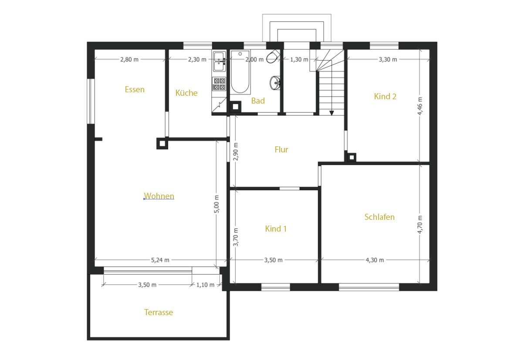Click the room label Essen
tap(135, 90)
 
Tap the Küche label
tap(186, 93)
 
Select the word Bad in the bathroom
tap(258, 101)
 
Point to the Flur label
tap(281, 150)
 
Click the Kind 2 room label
tap(385, 96)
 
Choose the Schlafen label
tap(379, 217)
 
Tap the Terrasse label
tap(159, 313)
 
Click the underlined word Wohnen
tap(159, 196)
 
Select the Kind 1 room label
tap(276, 229)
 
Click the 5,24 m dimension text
tap(160, 260)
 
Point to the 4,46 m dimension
tap(420, 106)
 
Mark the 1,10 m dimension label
tap(205, 285)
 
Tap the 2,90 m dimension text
tap(236, 151)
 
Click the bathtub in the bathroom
tap(240, 72)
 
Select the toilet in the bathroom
tap(273, 56)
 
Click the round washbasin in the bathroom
tap(274, 83)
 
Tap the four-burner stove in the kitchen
tap(220, 84)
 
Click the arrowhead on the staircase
tap(332, 113)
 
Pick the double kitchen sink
tap(220, 61)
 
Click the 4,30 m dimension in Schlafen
tap(375, 260)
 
